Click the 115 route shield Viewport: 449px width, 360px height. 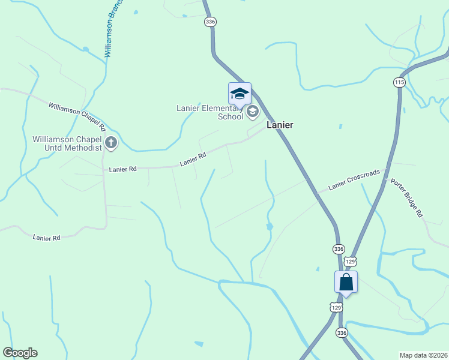coord(400,82)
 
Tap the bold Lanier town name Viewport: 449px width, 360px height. coord(280,125)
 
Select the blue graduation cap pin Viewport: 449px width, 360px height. coord(240,95)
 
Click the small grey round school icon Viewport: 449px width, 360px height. coord(253,111)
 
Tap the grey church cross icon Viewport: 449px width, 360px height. coord(111,143)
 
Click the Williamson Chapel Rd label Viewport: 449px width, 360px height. coord(77,116)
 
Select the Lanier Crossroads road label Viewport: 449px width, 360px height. coord(354,180)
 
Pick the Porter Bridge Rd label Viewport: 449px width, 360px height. coord(407,198)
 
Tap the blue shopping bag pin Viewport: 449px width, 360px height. coord(346,282)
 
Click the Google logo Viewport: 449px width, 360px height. coord(20,353)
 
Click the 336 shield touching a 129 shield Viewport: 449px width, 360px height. coord(339,249)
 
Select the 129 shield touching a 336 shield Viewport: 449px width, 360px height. coord(351,261)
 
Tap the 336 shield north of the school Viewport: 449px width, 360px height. coord(209,22)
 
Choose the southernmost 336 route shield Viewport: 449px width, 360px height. coord(342,332)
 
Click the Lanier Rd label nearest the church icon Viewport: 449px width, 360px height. coord(123,169)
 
